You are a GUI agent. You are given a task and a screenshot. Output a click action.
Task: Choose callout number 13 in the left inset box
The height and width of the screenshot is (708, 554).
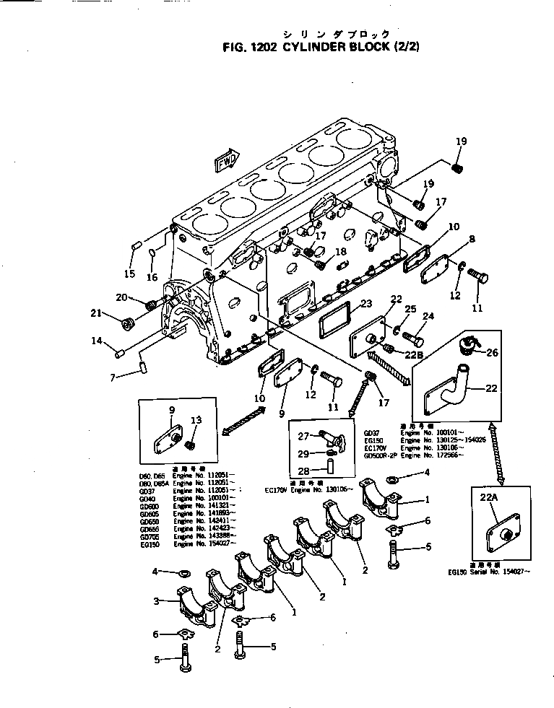[196, 420]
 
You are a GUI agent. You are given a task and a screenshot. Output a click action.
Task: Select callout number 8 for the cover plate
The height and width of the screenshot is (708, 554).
[472, 239]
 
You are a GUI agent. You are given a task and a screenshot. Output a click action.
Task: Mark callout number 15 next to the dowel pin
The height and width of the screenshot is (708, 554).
[129, 274]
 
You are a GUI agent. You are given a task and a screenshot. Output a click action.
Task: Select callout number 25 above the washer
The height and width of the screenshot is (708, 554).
[411, 309]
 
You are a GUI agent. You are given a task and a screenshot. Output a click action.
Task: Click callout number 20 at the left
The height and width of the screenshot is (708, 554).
[121, 297]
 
